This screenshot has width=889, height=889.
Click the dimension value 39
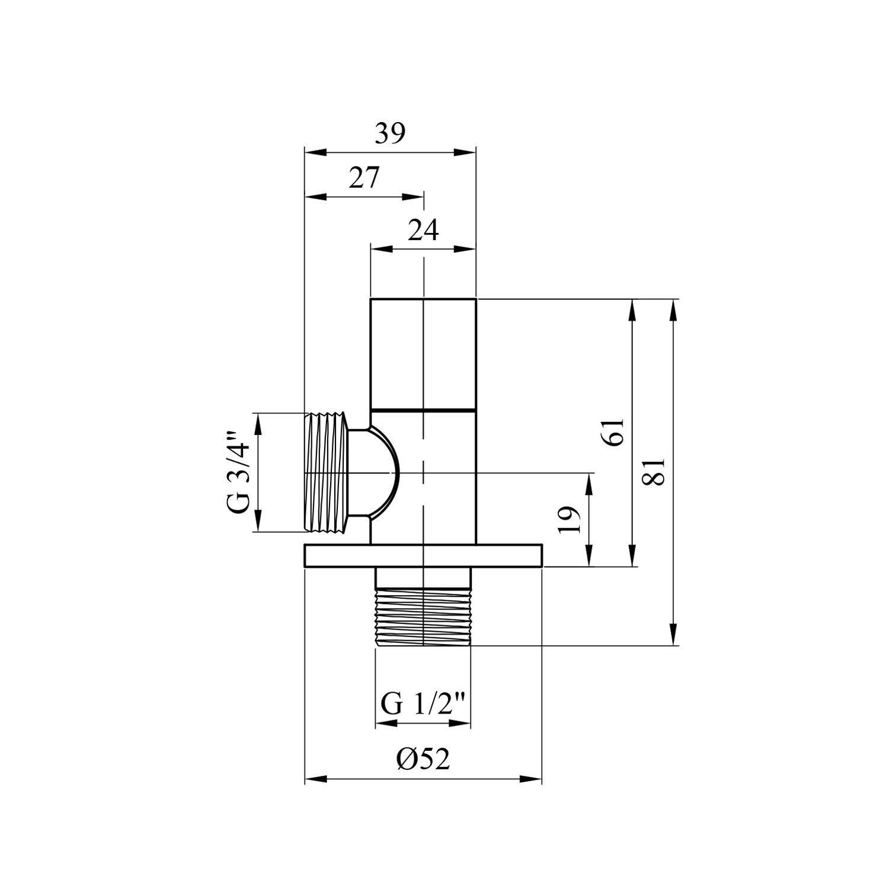pyautogui.click(x=389, y=134)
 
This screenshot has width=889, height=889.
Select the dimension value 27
pyautogui.click(x=363, y=178)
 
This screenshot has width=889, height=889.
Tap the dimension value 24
pyautogui.click(x=423, y=230)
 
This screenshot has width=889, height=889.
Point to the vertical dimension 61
pyautogui.click(x=613, y=431)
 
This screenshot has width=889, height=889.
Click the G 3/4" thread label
pyautogui.click(x=238, y=472)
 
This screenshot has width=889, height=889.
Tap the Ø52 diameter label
pyautogui.click(x=423, y=759)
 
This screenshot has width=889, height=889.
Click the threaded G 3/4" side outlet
pyautogui.click(x=326, y=472)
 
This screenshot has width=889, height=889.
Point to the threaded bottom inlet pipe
pyautogui.click(x=423, y=616)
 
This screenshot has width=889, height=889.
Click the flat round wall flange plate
pyautogui.click(x=423, y=557)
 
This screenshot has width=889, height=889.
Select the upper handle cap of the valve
pyautogui.click(x=423, y=353)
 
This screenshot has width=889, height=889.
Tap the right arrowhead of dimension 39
pyautogui.click(x=467, y=152)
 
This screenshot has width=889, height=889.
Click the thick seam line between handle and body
pyautogui.click(x=423, y=410)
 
